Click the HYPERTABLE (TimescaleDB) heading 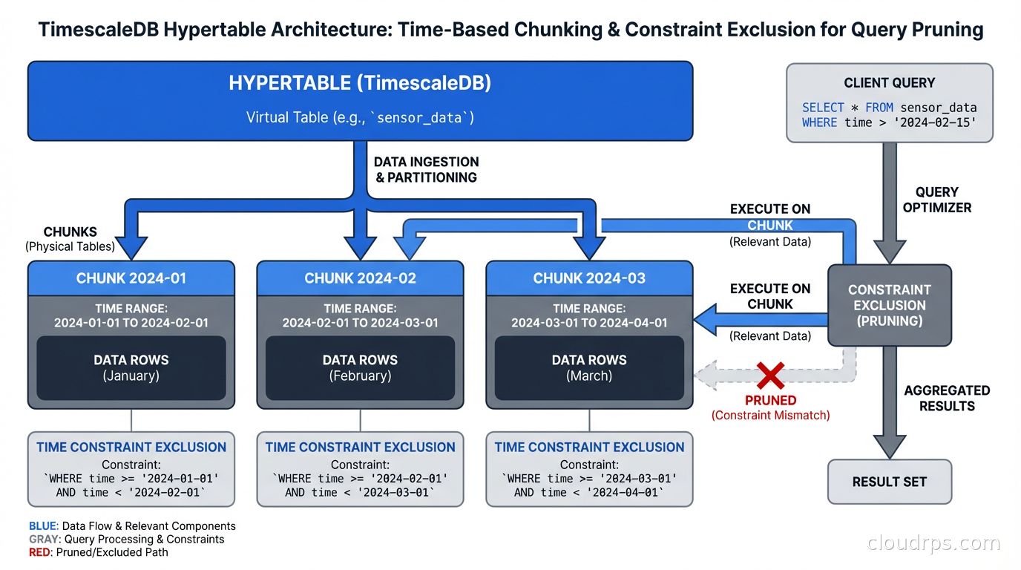coord(360,83)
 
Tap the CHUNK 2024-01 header coord(131,278)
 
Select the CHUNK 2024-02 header coord(360,278)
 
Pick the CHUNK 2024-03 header coord(589,278)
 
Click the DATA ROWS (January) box coord(131,368)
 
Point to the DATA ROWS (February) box coord(360,368)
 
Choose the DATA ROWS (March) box coord(589,368)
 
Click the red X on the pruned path coord(771,376)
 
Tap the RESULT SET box coord(889,482)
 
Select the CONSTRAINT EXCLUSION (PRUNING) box coord(889,305)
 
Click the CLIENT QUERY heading coord(889,83)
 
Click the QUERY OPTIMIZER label coord(936,200)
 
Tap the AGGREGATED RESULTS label coord(947,398)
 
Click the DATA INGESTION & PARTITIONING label coord(426,169)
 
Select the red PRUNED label coord(770,401)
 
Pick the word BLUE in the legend coord(42,526)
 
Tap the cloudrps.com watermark coord(933,543)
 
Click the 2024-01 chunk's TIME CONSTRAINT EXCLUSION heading coord(131,447)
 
